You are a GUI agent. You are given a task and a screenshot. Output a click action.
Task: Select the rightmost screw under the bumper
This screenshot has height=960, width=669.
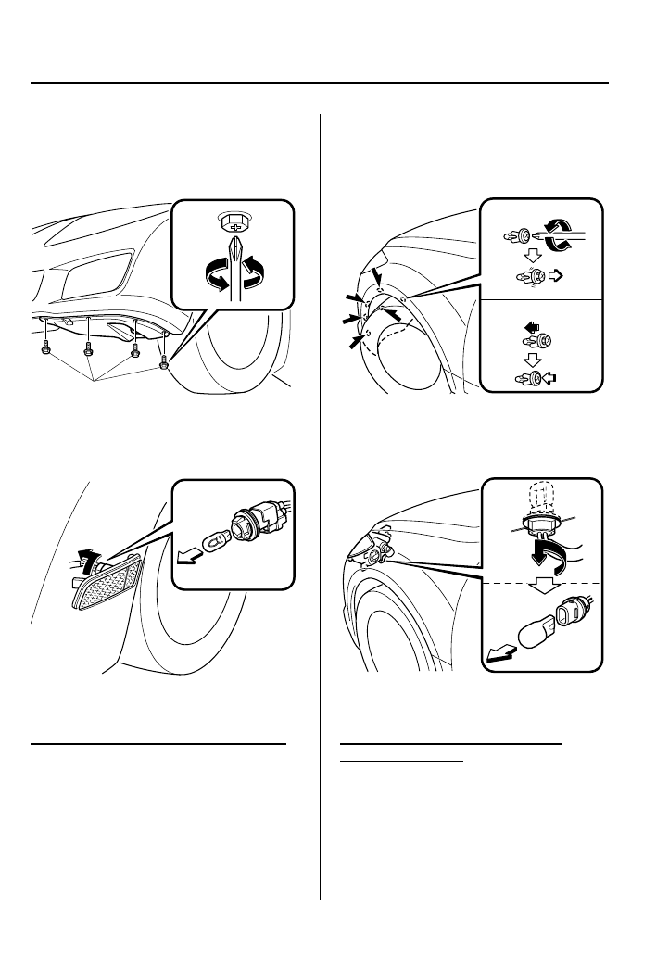(164, 360)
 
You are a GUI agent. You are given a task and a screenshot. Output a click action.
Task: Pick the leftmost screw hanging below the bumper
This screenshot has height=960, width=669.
(45, 349)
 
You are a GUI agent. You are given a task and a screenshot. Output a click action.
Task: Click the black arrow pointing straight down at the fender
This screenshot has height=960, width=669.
(376, 277)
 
